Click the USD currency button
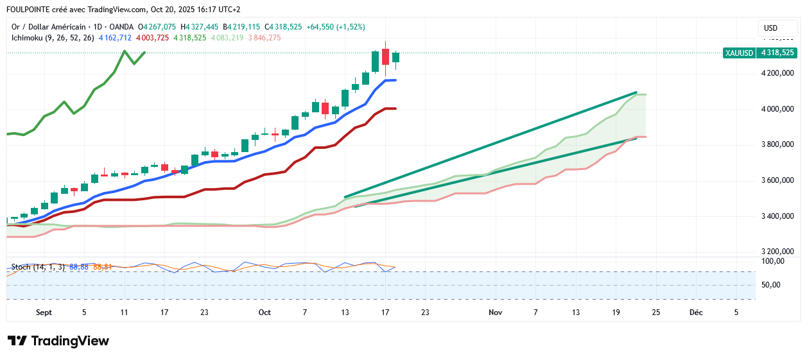click(x=770, y=28)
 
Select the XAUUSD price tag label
click(x=738, y=53)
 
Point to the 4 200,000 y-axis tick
click(x=777, y=73)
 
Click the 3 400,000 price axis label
click(x=777, y=216)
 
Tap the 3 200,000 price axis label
click(x=777, y=252)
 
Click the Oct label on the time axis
click(x=265, y=313)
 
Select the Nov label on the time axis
click(x=494, y=313)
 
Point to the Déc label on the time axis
click(x=695, y=313)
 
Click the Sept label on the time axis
click(x=44, y=313)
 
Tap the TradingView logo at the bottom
click(x=58, y=341)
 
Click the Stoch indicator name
click(x=21, y=267)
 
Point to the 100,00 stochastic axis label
click(x=773, y=261)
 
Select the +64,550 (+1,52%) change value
click(x=335, y=27)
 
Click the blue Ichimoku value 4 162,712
click(x=115, y=38)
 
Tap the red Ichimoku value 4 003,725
click(x=152, y=38)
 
